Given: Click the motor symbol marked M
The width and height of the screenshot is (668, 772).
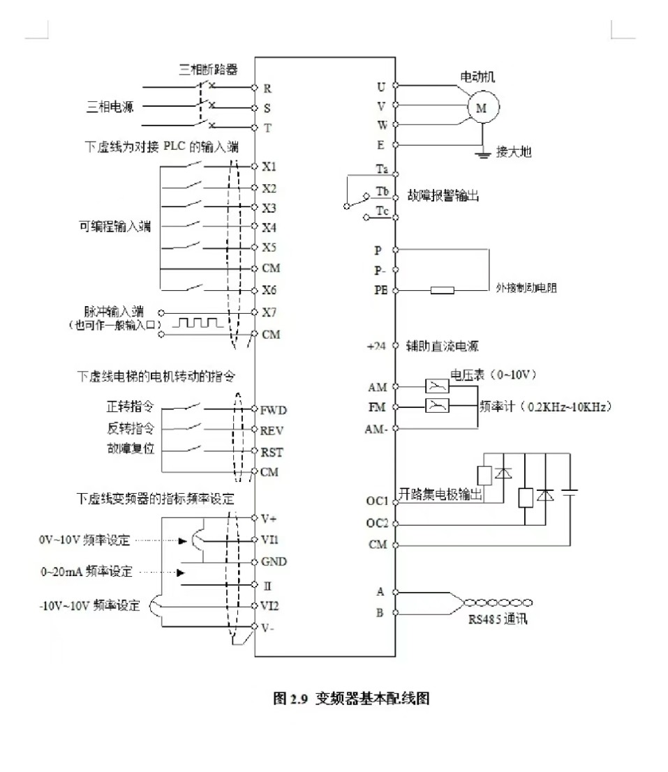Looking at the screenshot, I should pyautogui.click(x=480, y=107).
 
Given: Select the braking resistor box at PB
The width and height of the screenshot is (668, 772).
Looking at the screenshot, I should pyautogui.click(x=443, y=289).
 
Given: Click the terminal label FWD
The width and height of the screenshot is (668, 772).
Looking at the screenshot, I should pyautogui.click(x=273, y=410).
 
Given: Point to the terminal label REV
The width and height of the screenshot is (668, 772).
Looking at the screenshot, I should pyautogui.click(x=272, y=430).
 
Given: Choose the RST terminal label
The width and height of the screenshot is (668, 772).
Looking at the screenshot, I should pyautogui.click(x=272, y=452).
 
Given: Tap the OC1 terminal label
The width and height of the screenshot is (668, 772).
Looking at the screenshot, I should pyautogui.click(x=377, y=501).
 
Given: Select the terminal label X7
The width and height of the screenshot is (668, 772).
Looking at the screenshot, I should pyautogui.click(x=269, y=312).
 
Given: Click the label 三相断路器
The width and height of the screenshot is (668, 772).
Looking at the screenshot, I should pyautogui.click(x=208, y=69).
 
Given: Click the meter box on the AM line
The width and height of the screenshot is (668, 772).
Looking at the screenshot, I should pyautogui.click(x=437, y=386).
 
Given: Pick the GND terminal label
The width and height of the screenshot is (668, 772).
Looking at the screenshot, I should pyautogui.click(x=274, y=561).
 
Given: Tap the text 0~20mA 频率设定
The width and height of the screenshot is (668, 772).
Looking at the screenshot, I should pyautogui.click(x=86, y=572).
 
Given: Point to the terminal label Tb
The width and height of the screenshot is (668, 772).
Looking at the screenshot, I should pyautogui.click(x=382, y=191).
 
